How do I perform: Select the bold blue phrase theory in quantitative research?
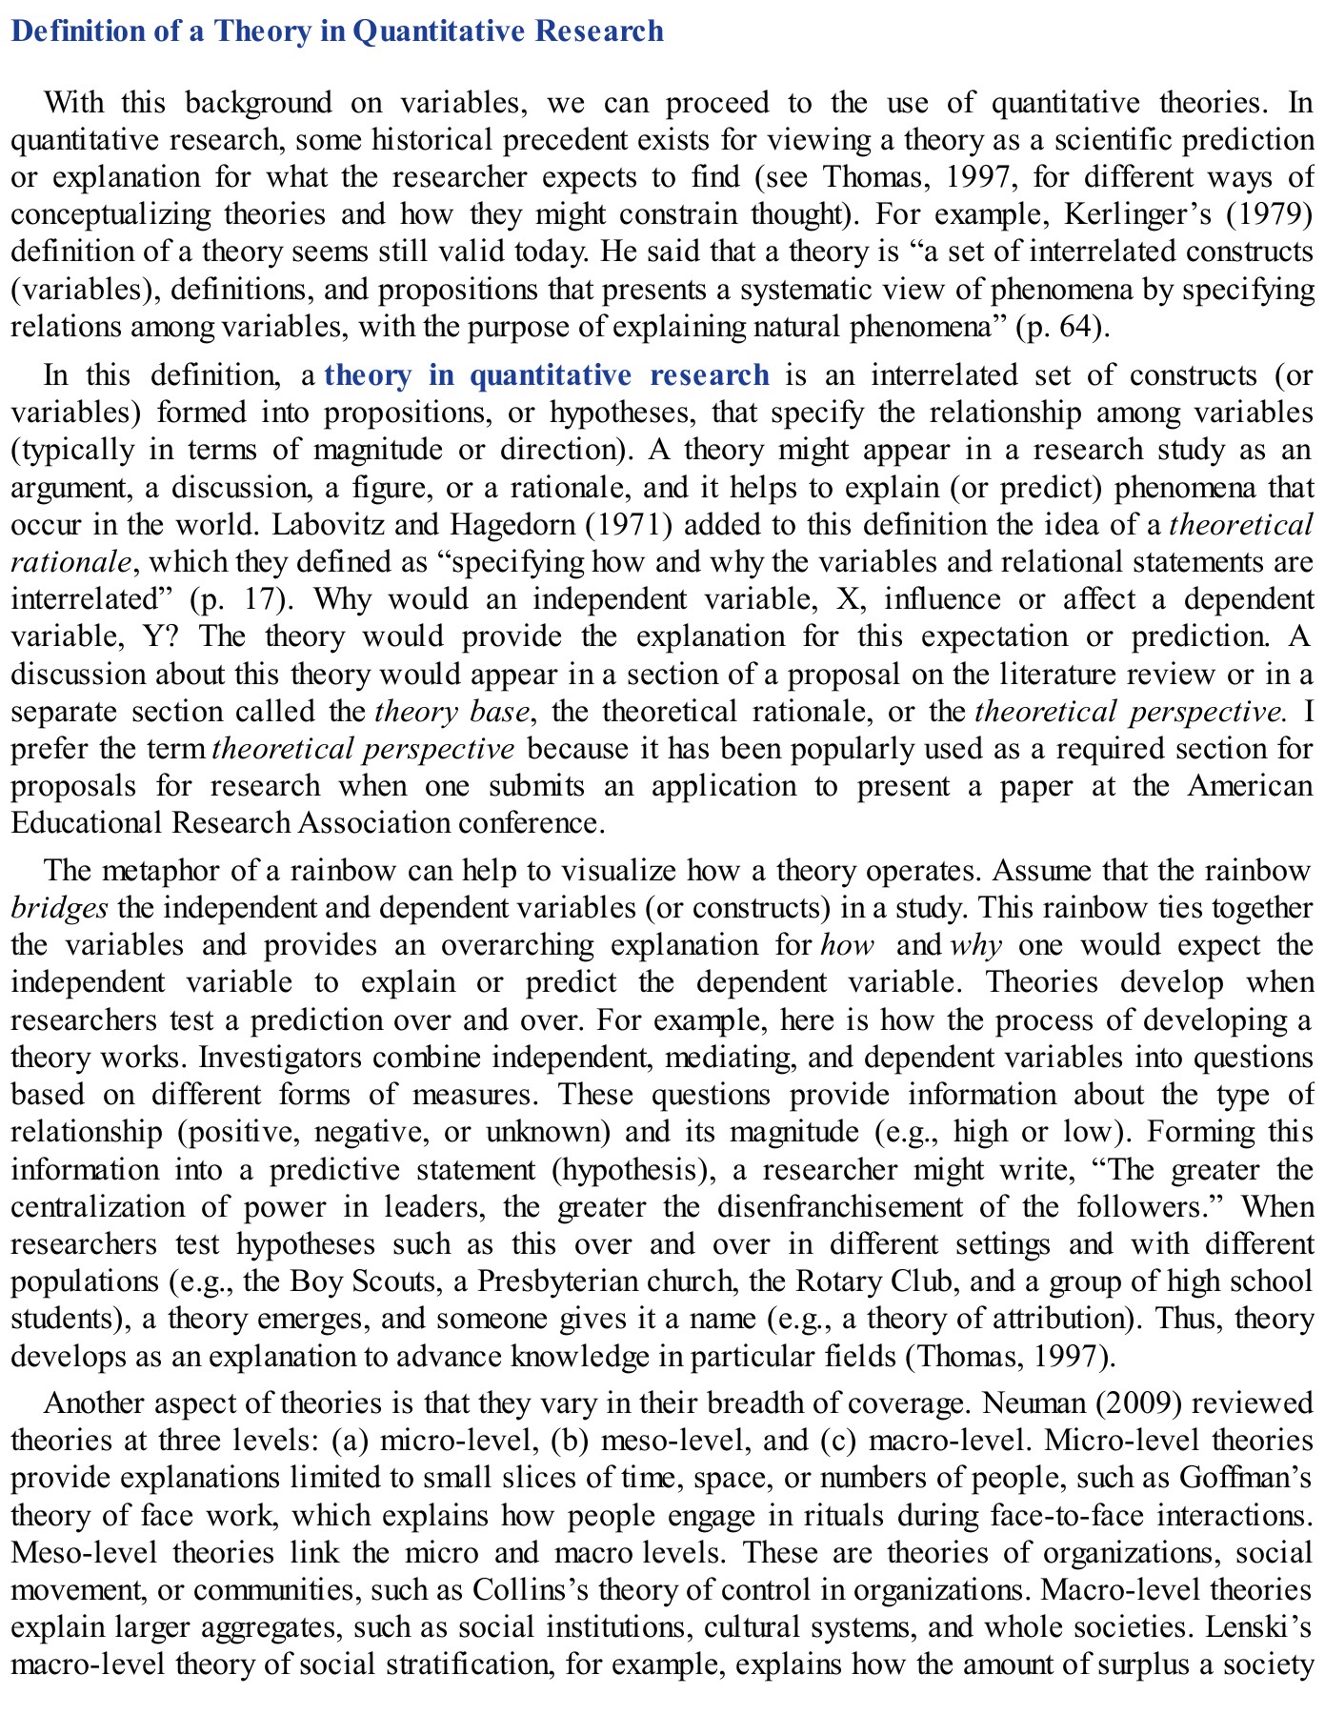coord(547,374)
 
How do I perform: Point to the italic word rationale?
coord(70,562)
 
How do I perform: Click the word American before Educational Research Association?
coord(1250,786)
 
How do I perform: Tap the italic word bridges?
coord(59,908)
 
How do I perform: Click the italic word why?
coord(975,945)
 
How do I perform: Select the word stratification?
coord(464,1665)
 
